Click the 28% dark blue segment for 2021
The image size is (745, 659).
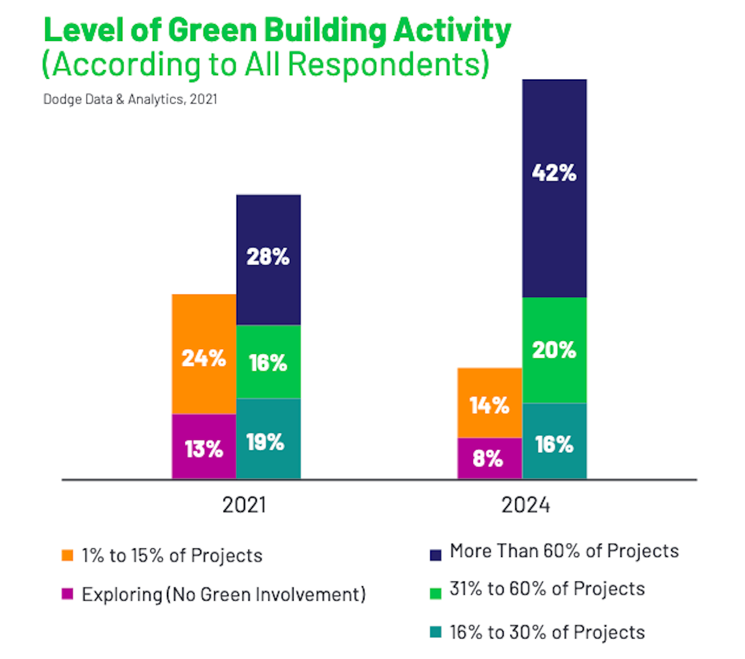click(268, 260)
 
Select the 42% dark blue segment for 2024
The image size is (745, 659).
click(554, 188)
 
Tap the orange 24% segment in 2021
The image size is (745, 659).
click(204, 354)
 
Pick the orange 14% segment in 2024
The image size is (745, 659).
click(489, 403)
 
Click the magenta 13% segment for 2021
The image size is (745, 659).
click(204, 447)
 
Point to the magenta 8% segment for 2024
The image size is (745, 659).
click(489, 458)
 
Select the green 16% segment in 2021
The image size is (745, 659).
click(268, 362)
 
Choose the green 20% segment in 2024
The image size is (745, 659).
click(554, 350)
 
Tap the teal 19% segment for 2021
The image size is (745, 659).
click(268, 439)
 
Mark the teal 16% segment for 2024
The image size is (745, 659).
click(554, 442)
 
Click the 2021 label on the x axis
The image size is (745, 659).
click(244, 505)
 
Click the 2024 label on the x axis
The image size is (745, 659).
click(525, 505)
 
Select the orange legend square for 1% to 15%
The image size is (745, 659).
click(68, 555)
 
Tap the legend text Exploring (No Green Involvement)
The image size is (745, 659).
click(223, 594)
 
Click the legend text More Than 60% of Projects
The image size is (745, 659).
click(564, 551)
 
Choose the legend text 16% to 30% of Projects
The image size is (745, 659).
click(547, 632)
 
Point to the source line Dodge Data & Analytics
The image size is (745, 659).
click(130, 99)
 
